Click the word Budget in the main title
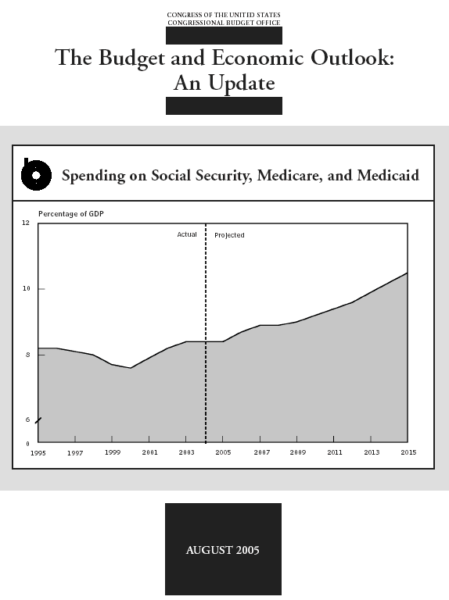click(x=131, y=59)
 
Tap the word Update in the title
click(x=242, y=84)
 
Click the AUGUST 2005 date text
click(x=223, y=550)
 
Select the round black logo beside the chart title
click(x=36, y=174)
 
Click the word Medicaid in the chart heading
click(x=388, y=175)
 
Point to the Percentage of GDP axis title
click(x=71, y=213)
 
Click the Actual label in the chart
click(x=187, y=234)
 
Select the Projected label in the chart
click(x=229, y=235)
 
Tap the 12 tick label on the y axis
click(x=26, y=223)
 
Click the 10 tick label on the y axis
click(x=26, y=288)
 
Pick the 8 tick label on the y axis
click(x=27, y=355)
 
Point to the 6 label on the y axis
click(x=27, y=420)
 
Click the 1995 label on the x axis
click(x=38, y=453)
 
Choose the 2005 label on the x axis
click(x=223, y=452)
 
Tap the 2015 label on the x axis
click(x=408, y=452)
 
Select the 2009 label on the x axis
click(x=298, y=452)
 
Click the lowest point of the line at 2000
click(x=131, y=368)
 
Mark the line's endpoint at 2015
click(x=407, y=273)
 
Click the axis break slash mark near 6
click(x=38, y=420)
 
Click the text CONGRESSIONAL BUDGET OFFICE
click(x=224, y=23)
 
